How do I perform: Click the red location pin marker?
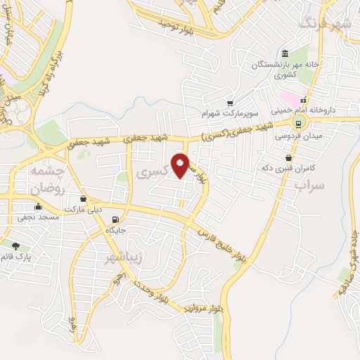click(x=181, y=165)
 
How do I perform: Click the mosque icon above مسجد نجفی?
click(x=38, y=207)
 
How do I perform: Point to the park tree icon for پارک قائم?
click(x=15, y=245)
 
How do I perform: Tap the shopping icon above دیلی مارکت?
click(x=84, y=199)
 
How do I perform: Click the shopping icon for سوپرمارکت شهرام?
click(x=230, y=102)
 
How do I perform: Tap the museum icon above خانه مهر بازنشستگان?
click(x=285, y=55)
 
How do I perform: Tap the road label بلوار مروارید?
click(x=204, y=307)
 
